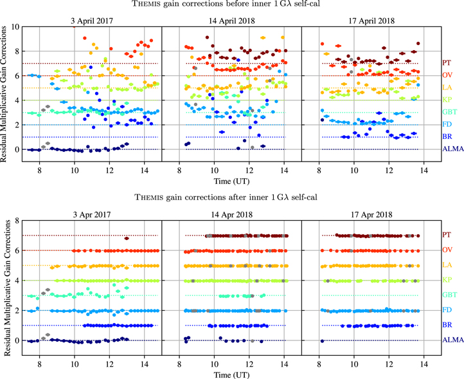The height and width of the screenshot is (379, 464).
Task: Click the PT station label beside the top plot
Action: click(447, 63)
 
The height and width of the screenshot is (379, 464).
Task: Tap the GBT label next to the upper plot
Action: click(449, 113)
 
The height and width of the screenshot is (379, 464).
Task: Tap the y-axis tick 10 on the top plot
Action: click(14, 26)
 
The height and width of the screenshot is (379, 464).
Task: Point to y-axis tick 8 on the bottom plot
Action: click(16, 221)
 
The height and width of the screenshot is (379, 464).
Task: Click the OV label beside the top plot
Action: click(447, 75)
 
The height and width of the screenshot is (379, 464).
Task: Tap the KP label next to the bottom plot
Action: click(447, 281)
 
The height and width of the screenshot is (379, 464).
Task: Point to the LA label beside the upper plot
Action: click(447, 88)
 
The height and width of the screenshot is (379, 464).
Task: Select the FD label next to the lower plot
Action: click(447, 310)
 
